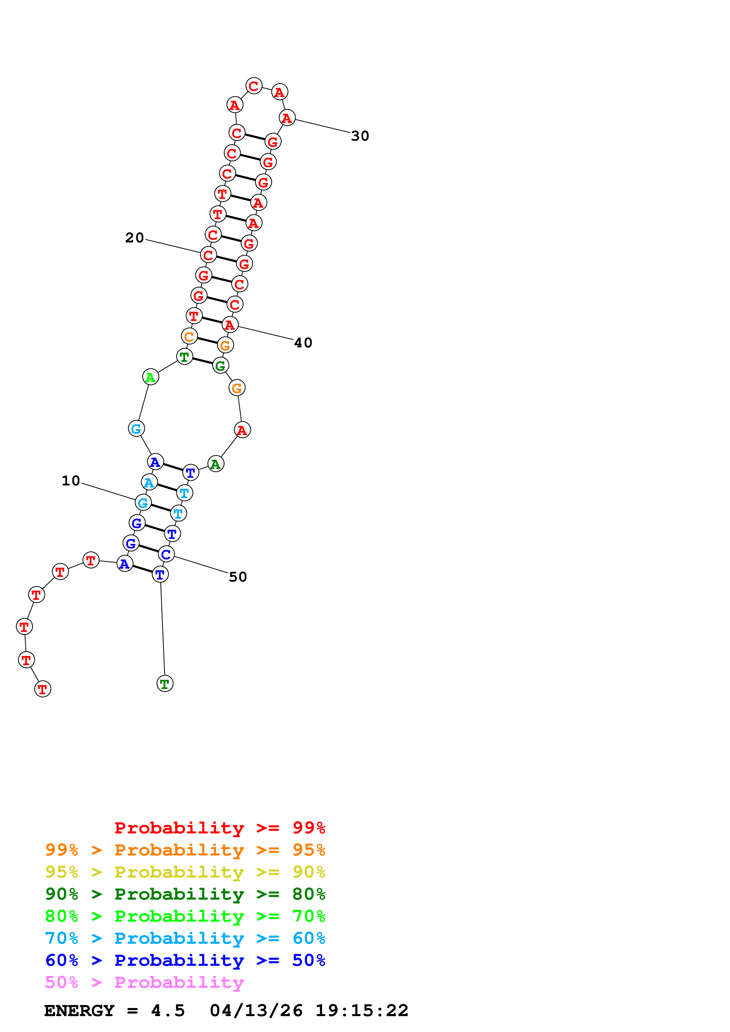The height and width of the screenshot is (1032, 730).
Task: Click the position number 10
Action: pyautogui.click(x=71, y=481)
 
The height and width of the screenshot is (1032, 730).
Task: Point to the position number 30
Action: pyautogui.click(x=360, y=136)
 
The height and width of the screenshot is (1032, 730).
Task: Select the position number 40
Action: pyautogui.click(x=303, y=343)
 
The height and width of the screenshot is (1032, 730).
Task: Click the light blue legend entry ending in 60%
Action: pyautogui.click(x=185, y=938)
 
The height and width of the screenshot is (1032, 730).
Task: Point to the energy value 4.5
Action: pyautogui.click(x=168, y=1011)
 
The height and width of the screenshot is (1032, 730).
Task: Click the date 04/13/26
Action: pyautogui.click(x=256, y=1011)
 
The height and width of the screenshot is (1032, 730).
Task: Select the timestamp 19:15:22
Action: pyautogui.click(x=362, y=1011)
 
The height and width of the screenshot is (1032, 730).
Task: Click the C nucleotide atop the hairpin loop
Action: pyautogui.click(x=254, y=86)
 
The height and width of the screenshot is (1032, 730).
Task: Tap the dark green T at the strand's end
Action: pyautogui.click(x=165, y=684)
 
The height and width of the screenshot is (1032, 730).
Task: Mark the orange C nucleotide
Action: pyautogui.click(x=189, y=336)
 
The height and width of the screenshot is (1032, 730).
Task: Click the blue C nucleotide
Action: pyautogui.click(x=166, y=554)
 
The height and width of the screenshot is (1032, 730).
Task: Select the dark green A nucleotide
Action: pyautogui.click(x=216, y=464)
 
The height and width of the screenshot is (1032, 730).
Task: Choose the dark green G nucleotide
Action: pyautogui.click(x=220, y=365)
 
